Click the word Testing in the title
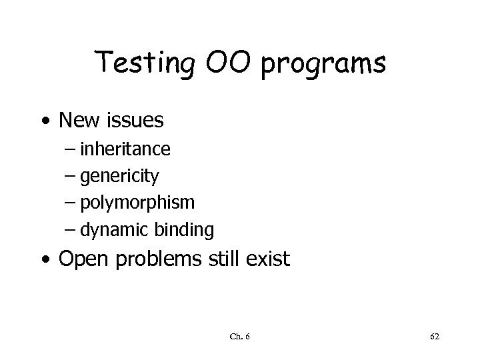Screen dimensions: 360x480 pos(141,64)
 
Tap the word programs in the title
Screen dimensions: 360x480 pos(324,65)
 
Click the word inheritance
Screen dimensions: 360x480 pos(125,149)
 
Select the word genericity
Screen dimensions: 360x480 pos(119,176)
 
